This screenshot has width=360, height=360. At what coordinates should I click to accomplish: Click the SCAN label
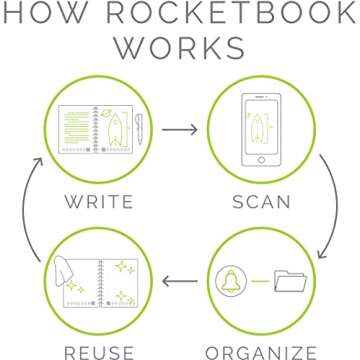click(x=263, y=201)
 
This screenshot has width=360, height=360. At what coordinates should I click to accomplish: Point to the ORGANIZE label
click(x=263, y=351)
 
